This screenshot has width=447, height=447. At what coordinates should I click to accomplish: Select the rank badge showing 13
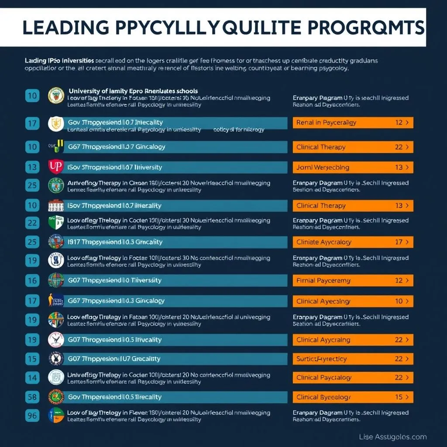point(32,167)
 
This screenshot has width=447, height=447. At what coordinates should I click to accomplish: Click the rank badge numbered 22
point(32,222)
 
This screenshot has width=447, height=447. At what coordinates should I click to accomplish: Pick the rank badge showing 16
point(32,280)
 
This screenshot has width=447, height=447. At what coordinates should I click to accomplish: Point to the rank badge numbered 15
point(32,359)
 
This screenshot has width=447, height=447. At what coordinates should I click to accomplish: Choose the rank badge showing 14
point(32,378)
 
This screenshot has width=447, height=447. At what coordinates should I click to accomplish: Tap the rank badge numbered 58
point(32,397)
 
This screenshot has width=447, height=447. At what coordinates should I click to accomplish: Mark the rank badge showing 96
point(32,415)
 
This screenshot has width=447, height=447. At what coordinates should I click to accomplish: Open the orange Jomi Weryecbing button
point(353,167)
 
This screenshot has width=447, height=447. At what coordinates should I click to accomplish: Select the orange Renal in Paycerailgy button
point(353,123)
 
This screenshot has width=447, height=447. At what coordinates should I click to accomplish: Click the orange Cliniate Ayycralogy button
point(353,242)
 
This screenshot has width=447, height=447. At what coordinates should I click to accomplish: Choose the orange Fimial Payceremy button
point(353,281)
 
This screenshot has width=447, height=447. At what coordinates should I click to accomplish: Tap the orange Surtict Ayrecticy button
point(353,359)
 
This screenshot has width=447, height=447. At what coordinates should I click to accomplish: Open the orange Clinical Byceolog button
point(353,397)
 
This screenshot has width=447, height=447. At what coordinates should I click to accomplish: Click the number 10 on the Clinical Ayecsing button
point(399,301)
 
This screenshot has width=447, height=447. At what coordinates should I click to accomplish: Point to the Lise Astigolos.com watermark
point(393,437)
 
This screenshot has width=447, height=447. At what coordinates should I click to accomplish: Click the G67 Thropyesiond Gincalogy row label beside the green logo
point(117,147)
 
